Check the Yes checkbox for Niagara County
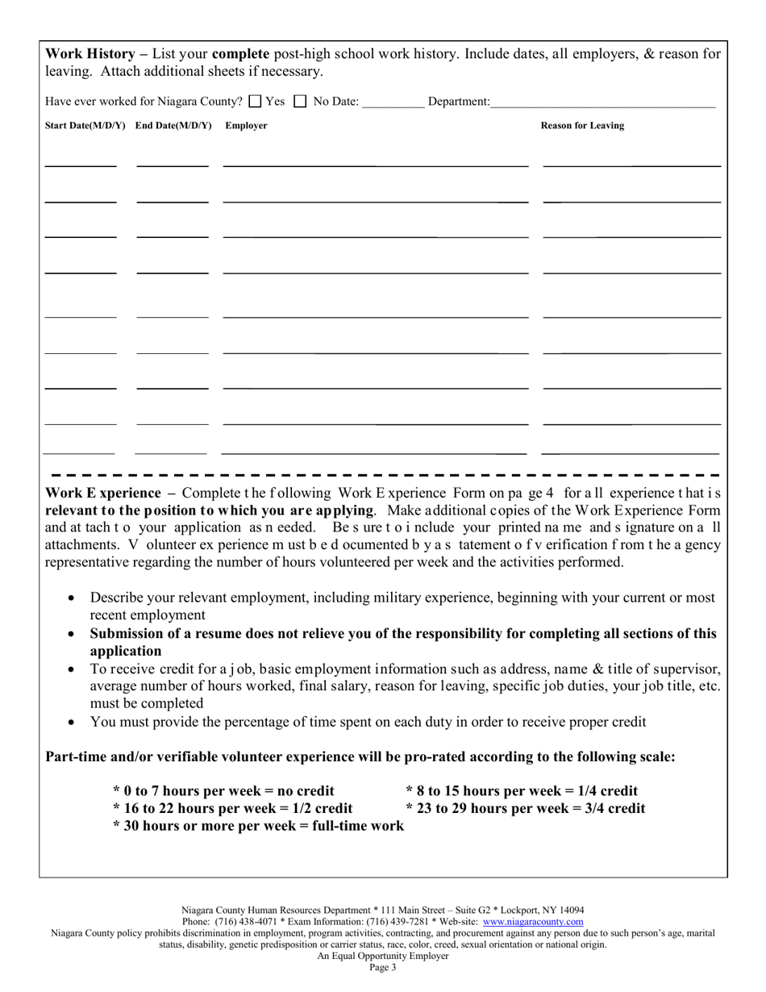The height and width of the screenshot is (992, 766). click(255, 102)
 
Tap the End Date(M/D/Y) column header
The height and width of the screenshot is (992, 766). click(173, 126)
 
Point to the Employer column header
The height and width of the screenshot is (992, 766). click(246, 126)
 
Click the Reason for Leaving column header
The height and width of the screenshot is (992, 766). click(581, 126)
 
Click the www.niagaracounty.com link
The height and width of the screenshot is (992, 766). click(533, 921)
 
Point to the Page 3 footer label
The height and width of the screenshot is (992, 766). click(383, 968)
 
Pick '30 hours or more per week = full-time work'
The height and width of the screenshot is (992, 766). click(262, 826)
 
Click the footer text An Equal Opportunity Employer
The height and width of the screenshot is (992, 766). click(383, 956)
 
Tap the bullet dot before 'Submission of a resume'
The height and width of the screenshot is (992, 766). click(73, 635)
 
